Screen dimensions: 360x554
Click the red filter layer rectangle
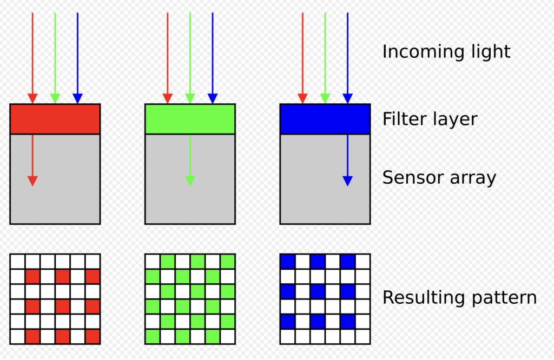coord(55,119)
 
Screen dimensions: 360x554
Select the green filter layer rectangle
coord(190,119)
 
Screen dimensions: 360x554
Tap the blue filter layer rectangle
coord(325,119)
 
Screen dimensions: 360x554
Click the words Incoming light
coord(446,52)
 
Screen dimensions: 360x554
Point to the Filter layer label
coord(430,119)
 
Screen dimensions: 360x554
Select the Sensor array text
coord(439,178)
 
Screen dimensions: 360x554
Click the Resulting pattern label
coord(459,297)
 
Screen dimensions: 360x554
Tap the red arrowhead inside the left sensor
coord(32,181)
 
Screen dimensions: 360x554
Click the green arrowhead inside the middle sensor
coord(190,181)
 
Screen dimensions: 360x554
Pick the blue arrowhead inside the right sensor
coord(347,181)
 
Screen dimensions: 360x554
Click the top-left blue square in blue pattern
coord(287,262)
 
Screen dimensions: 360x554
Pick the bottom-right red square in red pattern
coord(93,336)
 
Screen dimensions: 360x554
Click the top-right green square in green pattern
coord(228,262)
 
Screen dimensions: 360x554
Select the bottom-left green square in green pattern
coord(153,336)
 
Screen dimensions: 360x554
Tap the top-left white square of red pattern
coord(17,262)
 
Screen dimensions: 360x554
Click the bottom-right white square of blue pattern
coord(362,336)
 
